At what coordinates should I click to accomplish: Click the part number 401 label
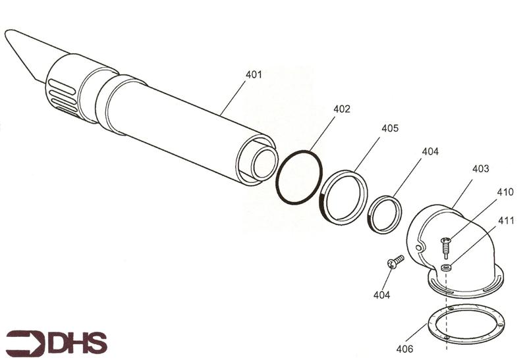point(254,74)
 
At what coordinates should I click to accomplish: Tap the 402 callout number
point(341,109)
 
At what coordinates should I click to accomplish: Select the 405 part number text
point(389,128)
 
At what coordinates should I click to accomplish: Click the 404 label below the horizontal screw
point(381,295)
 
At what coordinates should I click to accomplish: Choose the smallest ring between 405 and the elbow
point(385,215)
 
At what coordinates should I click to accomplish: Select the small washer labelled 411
point(447,267)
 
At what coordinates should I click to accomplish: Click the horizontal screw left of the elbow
point(396,262)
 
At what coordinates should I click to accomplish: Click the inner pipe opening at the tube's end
point(263,163)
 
